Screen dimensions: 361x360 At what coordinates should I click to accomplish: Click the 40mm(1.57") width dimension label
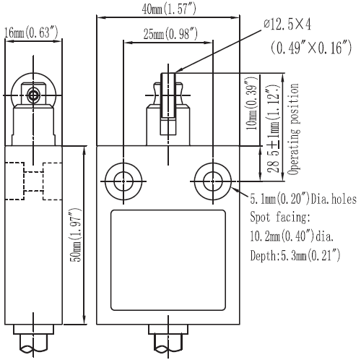[x=169, y=9]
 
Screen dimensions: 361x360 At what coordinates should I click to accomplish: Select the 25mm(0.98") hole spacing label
[x=170, y=33]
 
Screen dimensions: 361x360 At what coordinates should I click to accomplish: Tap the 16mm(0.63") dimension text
[x=31, y=33]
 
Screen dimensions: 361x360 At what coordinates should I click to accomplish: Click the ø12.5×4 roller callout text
[x=287, y=25]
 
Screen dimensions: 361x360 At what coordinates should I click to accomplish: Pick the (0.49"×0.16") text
[x=311, y=47]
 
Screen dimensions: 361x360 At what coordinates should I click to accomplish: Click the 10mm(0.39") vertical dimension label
[x=252, y=103]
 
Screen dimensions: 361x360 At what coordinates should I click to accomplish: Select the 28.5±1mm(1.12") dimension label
[x=274, y=129]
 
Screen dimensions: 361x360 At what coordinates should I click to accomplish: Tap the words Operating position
[x=294, y=129]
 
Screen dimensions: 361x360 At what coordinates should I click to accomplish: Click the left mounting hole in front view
[x=123, y=181]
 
